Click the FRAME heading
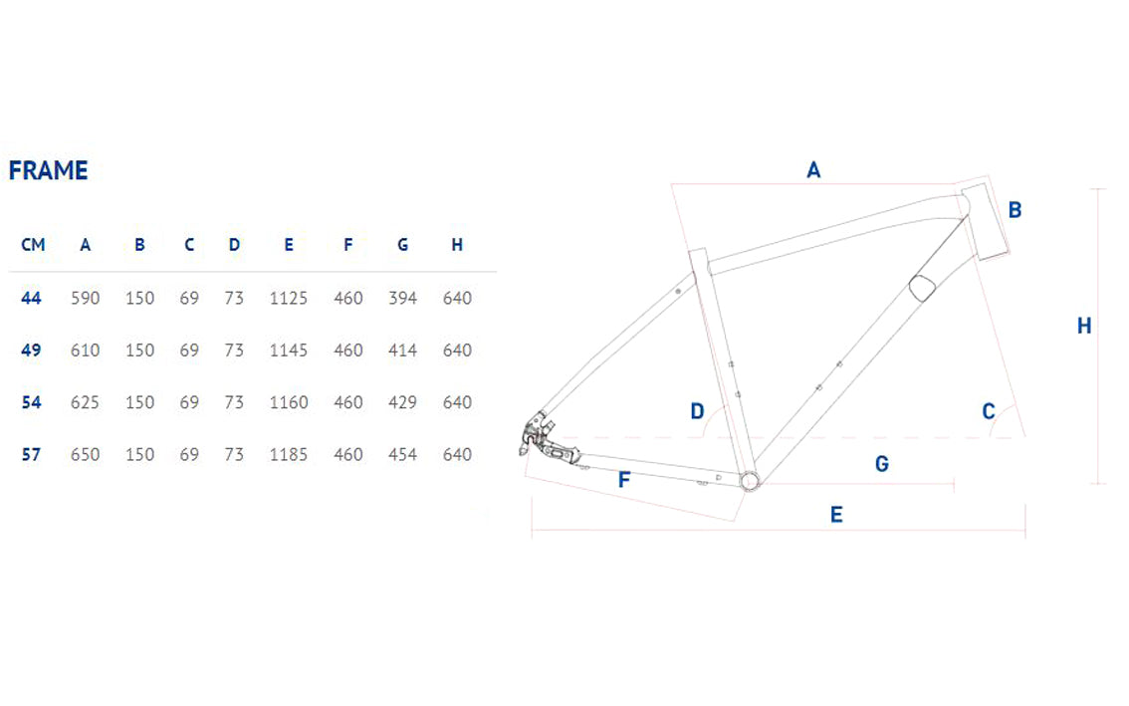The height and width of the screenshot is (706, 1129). pyautogui.click(x=48, y=170)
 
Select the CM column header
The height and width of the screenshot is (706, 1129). pyautogui.click(x=33, y=245)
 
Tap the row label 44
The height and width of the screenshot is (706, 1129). pyautogui.click(x=31, y=299)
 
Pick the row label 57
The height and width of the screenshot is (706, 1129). pyautogui.click(x=31, y=455)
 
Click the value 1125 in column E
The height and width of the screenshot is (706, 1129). pyautogui.click(x=289, y=299)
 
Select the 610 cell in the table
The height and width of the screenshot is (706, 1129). pyautogui.click(x=85, y=351)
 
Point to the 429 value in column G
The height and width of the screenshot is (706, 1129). pyautogui.click(x=402, y=402)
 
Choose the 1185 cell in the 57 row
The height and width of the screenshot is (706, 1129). pyautogui.click(x=289, y=455)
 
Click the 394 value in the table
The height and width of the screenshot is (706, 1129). pyautogui.click(x=402, y=299)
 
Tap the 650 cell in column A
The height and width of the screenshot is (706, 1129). pyautogui.click(x=85, y=455)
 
